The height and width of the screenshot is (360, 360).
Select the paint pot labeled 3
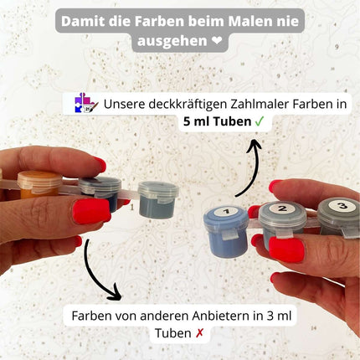(x=337, y=219)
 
